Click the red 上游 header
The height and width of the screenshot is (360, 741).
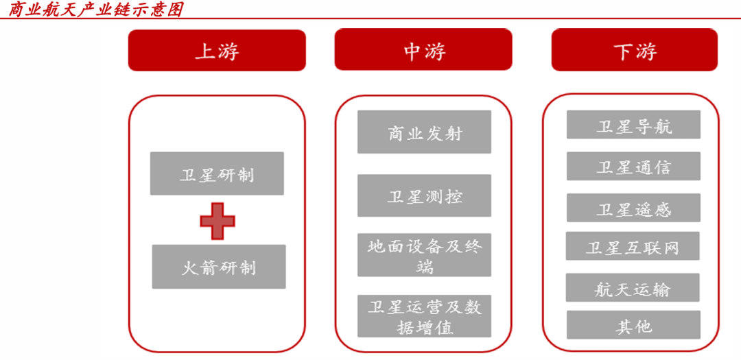(217, 51)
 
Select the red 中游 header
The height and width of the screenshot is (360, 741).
(423, 50)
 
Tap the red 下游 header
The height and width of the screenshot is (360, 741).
(634, 50)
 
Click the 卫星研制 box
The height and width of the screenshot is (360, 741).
(217, 173)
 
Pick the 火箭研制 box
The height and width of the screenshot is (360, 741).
(218, 267)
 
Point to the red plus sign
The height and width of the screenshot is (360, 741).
(217, 221)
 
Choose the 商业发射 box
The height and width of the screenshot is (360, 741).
(424, 132)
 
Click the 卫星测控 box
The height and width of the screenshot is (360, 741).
(424, 196)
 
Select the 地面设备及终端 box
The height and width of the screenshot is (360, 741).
(424, 255)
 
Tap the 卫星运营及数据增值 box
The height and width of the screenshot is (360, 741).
(424, 316)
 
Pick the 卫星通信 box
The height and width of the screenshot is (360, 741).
(633, 167)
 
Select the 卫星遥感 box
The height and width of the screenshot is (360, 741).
(633, 208)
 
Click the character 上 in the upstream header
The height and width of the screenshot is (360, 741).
(204, 51)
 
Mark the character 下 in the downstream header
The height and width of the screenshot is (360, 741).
(622, 51)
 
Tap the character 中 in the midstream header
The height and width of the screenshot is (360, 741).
(412, 51)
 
